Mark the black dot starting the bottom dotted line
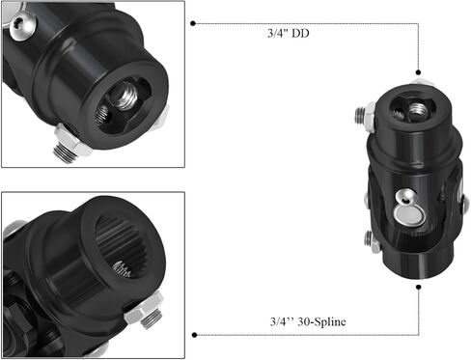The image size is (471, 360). (x=195, y=335)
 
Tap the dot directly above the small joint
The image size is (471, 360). (x=419, y=72)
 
